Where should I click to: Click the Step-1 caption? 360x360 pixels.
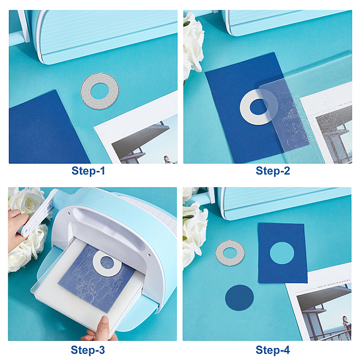88,171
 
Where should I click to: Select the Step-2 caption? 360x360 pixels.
273,171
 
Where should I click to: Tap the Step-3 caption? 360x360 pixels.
88,350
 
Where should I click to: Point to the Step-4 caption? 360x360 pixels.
273,350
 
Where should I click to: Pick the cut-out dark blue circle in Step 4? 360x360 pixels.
239,298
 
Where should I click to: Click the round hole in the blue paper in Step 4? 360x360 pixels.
282,253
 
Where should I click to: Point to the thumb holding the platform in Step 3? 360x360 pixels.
104,324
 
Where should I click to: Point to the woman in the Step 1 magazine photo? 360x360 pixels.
167,160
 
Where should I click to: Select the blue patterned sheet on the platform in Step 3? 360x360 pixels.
97,278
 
